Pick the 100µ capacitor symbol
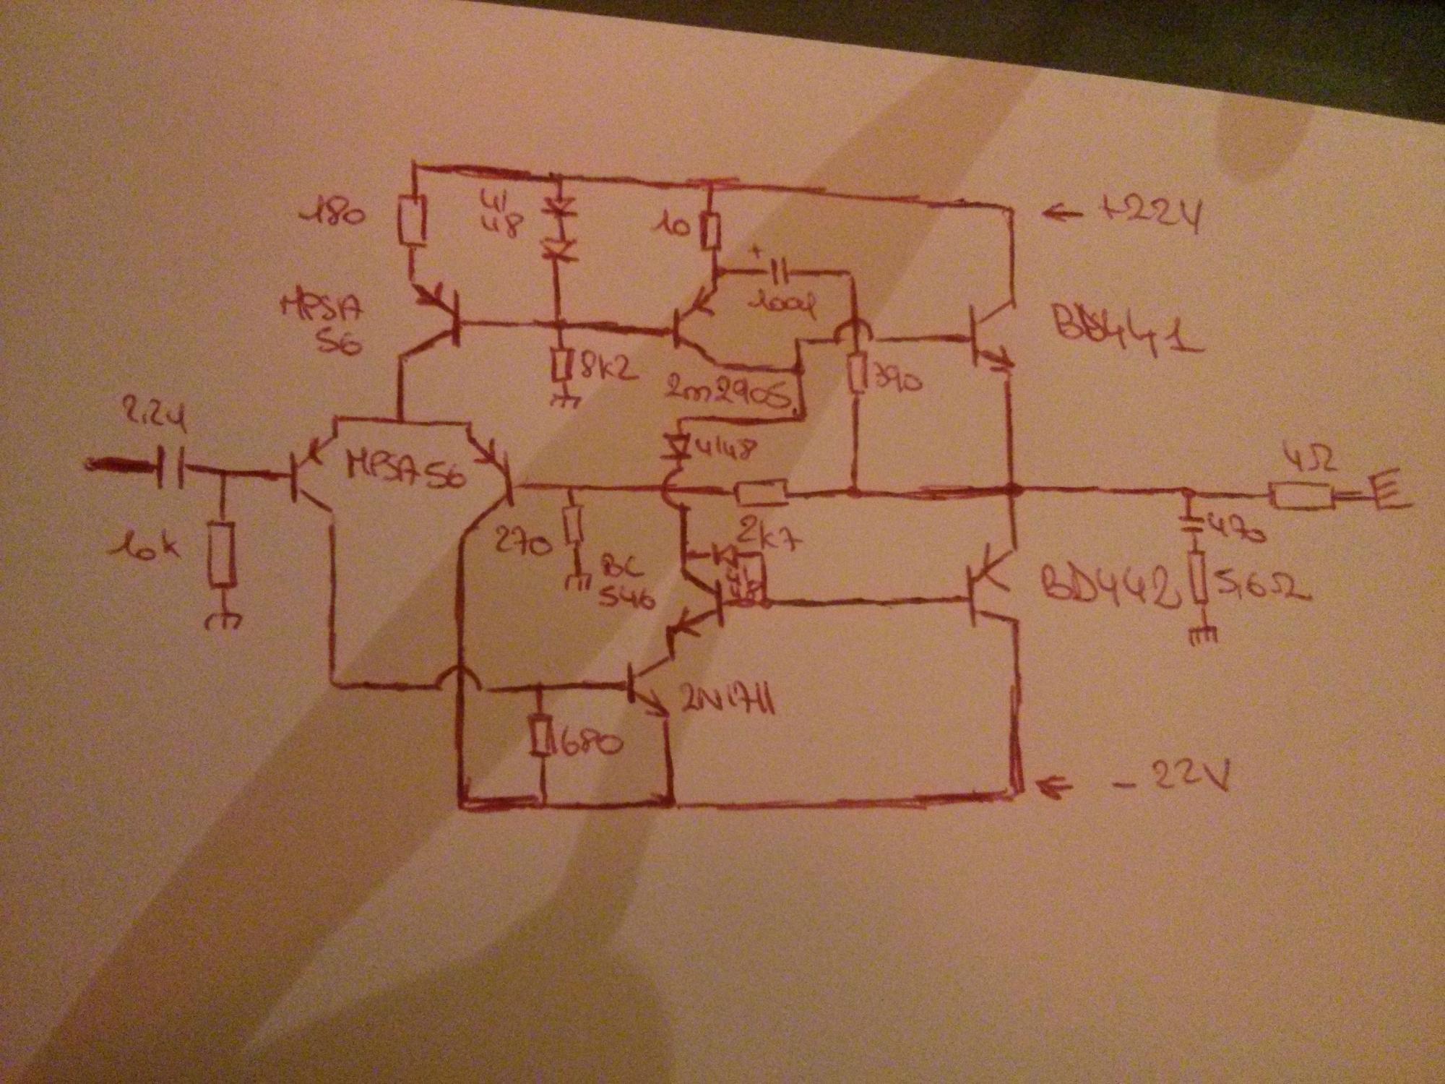[777, 273]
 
